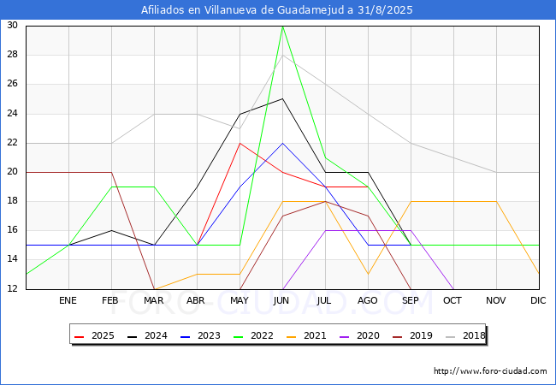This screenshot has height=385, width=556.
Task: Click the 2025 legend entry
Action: point(94,335)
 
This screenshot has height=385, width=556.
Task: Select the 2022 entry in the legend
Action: point(253,335)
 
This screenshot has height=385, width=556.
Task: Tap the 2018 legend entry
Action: point(465,335)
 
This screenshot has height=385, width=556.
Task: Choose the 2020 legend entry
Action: point(359,335)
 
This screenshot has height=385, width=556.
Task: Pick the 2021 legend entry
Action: point(306,335)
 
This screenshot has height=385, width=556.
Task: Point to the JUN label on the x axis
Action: point(281,300)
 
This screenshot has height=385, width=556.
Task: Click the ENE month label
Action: point(68,300)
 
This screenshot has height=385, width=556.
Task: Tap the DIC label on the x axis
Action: point(538,300)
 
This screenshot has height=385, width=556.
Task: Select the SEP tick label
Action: point(411,300)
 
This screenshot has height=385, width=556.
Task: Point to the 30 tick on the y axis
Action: point(13,25)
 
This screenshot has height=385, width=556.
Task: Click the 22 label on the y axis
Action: point(13,143)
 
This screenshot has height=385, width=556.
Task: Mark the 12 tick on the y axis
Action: point(13,288)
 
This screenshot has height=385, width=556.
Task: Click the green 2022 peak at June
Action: point(282,27)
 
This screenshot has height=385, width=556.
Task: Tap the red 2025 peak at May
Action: point(240,143)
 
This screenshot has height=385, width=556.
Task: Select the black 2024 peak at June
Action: point(282,99)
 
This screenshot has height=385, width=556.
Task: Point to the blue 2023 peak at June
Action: point(282,143)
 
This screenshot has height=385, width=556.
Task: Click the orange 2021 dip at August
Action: point(368,274)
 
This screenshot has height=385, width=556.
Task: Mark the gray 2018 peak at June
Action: point(282,56)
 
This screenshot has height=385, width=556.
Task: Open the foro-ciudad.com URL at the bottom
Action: point(490,370)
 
